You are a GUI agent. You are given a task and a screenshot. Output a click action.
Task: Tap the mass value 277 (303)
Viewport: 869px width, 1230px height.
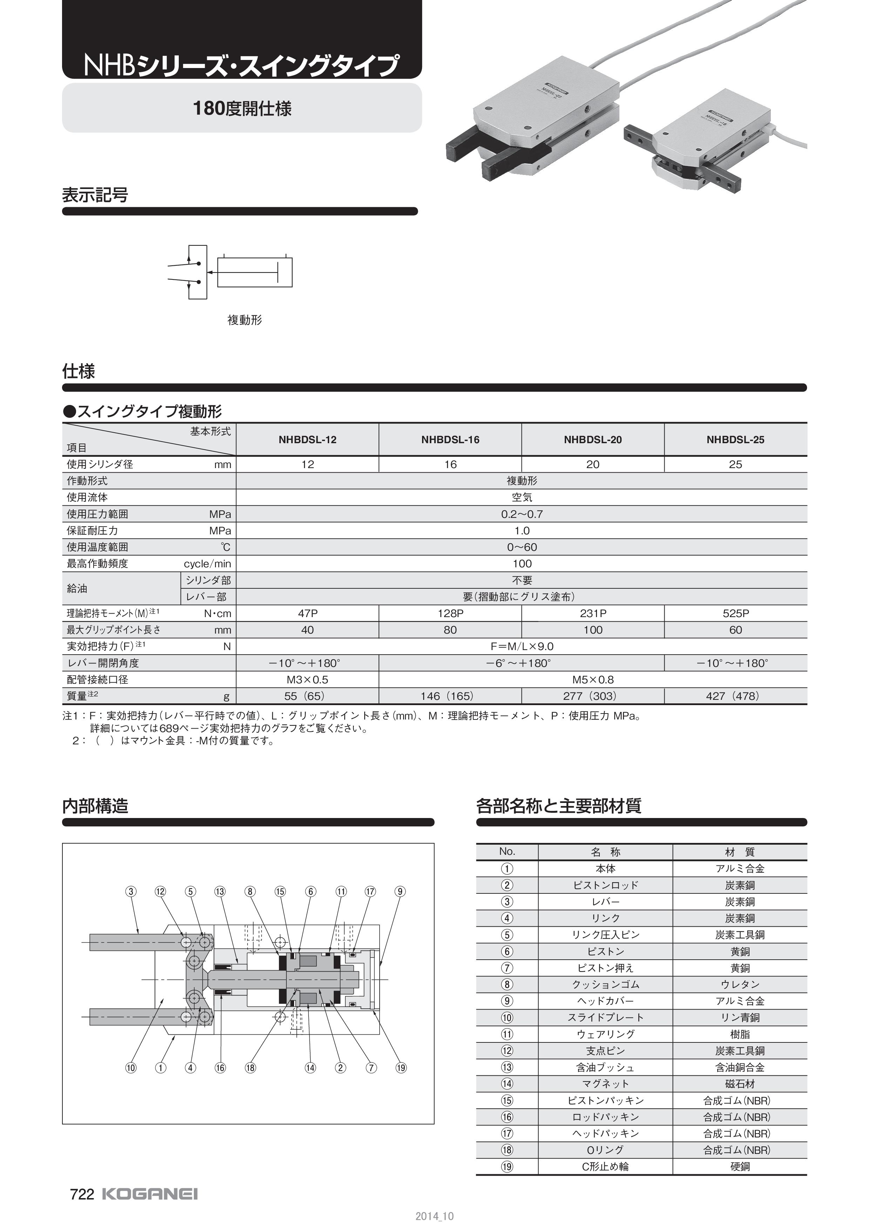tap(593, 696)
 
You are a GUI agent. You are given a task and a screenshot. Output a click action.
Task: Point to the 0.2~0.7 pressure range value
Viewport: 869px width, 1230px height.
tap(522, 514)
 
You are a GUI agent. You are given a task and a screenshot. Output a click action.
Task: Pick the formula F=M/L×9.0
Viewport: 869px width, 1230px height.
tap(522, 646)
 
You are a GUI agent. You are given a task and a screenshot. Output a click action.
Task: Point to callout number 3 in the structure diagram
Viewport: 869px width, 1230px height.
tap(131, 891)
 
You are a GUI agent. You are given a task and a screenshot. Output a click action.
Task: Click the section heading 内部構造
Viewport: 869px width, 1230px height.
tap(95, 806)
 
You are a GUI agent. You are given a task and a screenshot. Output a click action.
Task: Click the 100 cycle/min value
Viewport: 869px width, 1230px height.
tap(522, 563)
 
